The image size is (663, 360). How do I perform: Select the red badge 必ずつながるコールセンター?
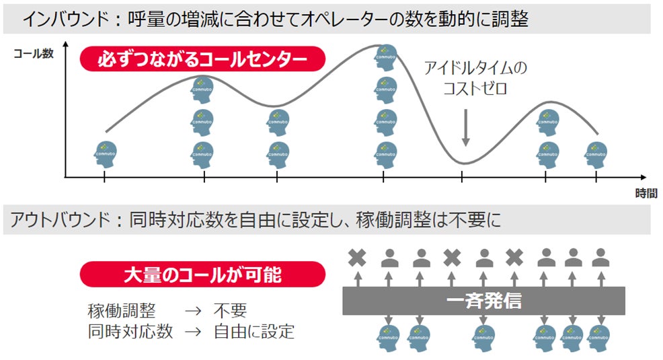click(202, 59)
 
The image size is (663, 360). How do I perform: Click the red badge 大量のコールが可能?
click(202, 275)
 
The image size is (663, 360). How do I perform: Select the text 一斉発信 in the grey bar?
click(483, 300)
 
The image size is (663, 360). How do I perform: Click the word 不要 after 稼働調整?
click(231, 310)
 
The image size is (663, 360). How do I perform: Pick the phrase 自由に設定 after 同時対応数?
click(253, 331)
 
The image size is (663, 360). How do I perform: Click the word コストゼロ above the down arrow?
click(465, 88)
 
